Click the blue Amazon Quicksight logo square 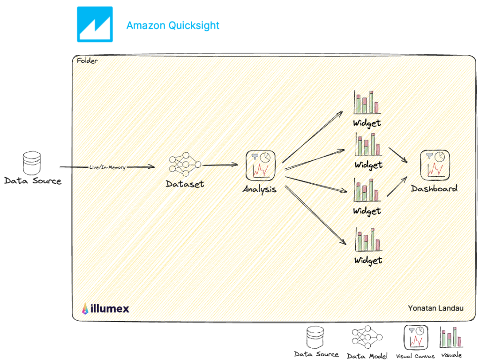95,24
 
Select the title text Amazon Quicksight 172,25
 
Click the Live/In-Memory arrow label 107,167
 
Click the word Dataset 185,184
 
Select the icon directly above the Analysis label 260,165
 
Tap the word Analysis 259,189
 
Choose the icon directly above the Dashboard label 434,165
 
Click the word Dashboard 434,188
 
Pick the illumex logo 105,308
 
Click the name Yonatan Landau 435,308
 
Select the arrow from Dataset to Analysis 220,165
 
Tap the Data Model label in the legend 367,356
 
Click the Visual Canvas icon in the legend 415,337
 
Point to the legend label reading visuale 451,355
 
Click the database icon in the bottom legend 316,337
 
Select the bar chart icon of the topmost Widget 367,102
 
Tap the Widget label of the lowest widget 368,260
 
